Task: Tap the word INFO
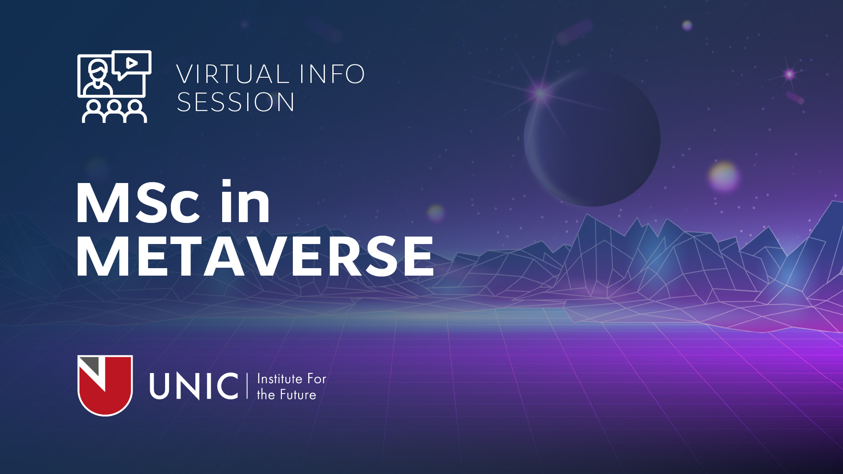(332, 74)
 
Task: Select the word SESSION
(235, 102)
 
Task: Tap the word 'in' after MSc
(245, 201)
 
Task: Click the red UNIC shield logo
(105, 385)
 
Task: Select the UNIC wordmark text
(194, 386)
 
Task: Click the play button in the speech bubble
(132, 63)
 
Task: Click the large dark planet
(592, 138)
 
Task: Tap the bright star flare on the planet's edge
(540, 93)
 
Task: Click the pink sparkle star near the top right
(789, 74)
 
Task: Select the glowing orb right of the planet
(724, 176)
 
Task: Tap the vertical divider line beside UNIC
(247, 386)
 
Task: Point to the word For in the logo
(317, 379)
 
